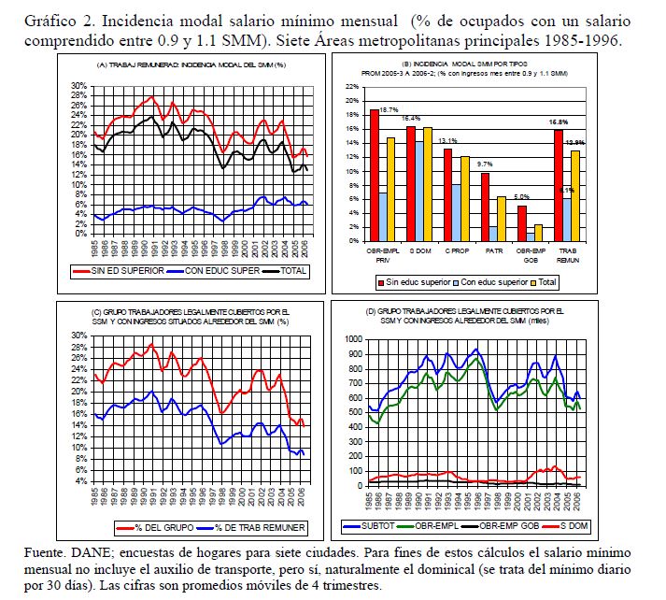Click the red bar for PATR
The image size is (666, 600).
click(485, 207)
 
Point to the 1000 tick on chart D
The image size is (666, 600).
click(353, 339)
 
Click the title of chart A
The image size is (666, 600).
click(191, 64)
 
